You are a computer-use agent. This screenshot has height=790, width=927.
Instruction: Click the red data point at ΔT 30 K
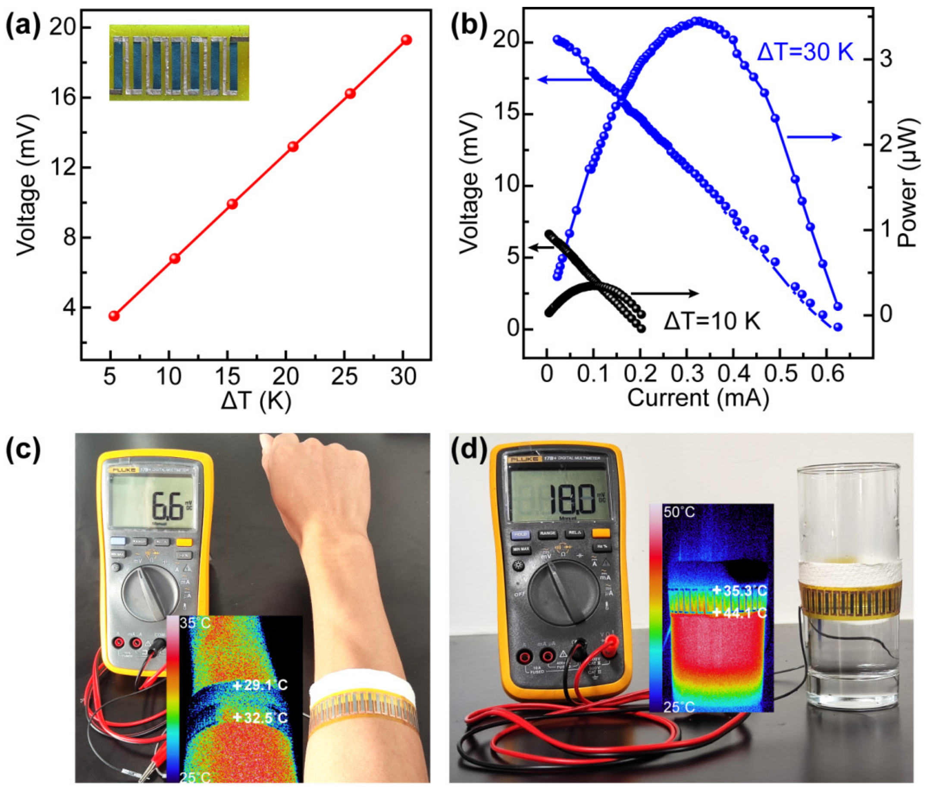[x=406, y=40]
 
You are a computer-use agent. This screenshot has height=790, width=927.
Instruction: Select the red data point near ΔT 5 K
[x=114, y=315]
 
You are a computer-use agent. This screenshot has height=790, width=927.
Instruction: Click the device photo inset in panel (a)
[x=179, y=63]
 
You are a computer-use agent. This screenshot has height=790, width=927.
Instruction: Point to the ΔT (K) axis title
[x=256, y=400]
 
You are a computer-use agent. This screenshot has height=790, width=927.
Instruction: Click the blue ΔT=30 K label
[x=805, y=53]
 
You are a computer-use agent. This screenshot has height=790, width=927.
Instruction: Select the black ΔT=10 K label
[x=712, y=321]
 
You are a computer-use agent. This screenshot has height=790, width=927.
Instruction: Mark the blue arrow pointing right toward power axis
[x=814, y=137]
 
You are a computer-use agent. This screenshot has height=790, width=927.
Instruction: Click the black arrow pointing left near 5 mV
[x=542, y=247]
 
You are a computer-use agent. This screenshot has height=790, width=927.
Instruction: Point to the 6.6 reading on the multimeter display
[x=167, y=506]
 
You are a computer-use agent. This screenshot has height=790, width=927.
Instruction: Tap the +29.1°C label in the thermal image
[x=260, y=685]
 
